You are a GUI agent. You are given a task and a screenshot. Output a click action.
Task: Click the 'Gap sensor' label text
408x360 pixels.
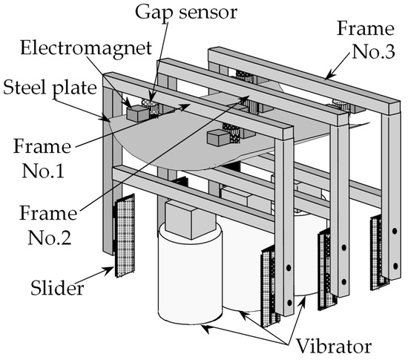tap(186, 13)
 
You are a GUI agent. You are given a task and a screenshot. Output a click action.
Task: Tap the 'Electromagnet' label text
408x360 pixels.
tap(86, 48)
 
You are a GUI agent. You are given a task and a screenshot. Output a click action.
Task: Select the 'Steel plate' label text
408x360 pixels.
tap(50, 88)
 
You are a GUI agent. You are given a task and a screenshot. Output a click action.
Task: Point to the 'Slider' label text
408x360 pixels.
tap(57, 288)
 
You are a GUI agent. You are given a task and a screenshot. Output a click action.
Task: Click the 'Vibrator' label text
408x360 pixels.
tap(334, 347)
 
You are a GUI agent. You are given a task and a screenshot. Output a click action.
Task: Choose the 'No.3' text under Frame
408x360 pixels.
tap(373, 52)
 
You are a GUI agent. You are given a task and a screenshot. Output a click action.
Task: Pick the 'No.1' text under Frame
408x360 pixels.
tap(43, 171)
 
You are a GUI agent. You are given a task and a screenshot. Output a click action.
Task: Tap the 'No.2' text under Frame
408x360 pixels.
tap(50, 238)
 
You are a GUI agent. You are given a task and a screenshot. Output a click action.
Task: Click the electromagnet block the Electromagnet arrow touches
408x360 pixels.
tap(138, 114)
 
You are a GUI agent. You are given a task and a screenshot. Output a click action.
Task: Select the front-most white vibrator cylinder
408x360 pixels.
tap(190, 275)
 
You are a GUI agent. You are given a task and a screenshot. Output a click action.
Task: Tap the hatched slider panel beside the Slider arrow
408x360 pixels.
tap(125, 235)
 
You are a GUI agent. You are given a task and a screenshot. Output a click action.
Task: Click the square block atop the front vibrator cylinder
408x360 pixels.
tap(191, 219)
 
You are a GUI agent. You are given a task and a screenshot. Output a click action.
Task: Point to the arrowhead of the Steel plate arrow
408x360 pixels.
tap(106, 119)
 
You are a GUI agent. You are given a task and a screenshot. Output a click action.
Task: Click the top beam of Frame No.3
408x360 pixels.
tap(304, 81)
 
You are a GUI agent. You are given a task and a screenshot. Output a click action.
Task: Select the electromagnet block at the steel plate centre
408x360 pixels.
tap(218, 138)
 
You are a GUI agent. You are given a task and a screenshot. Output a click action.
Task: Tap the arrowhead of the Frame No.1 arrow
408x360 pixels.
tap(185, 106)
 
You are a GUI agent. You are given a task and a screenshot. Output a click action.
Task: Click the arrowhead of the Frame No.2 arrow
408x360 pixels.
tap(244, 99)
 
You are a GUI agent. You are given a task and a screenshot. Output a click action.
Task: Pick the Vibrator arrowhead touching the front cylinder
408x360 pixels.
tap(205, 329)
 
